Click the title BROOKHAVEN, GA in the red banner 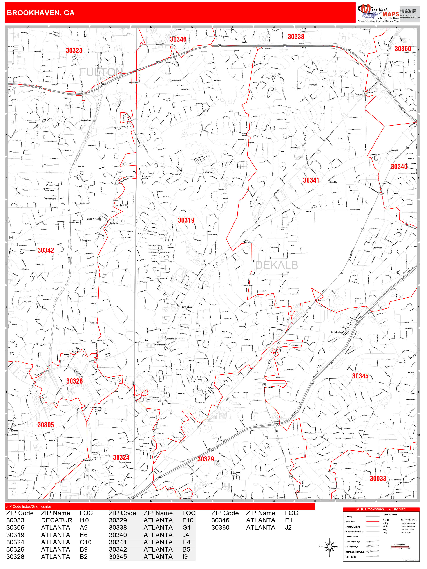point(41,13)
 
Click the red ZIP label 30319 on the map point(186,220)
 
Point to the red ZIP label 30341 point(311,180)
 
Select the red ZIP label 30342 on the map point(45,250)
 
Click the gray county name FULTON point(101,72)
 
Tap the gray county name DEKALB point(277,265)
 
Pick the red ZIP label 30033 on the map point(378,479)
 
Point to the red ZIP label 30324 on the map point(121,457)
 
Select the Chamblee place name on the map point(333,182)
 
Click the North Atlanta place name point(187,307)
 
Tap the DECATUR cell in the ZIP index point(56,520)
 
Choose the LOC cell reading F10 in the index point(188,520)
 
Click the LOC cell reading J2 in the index point(288,527)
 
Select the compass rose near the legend point(329,546)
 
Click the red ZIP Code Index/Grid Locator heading point(29,506)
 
